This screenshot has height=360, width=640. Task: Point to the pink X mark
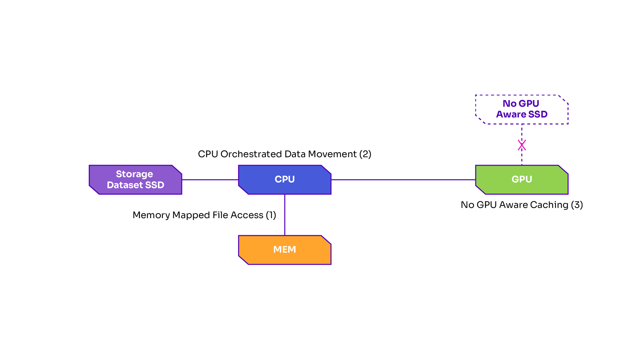point(522,145)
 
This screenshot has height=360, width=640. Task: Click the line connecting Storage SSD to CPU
point(210,180)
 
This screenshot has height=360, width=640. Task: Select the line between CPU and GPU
point(403,180)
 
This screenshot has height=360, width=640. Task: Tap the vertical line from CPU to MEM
point(285,215)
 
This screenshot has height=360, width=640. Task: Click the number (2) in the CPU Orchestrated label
point(365,154)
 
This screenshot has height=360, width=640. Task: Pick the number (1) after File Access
point(271,215)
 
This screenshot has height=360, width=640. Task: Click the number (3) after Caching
point(577,205)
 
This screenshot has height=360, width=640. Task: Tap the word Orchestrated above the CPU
point(251,154)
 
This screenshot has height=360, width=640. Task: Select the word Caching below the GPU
point(549,205)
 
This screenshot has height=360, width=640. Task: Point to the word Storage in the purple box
point(134,174)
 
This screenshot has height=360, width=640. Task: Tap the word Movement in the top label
point(332,154)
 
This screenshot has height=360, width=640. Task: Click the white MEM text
point(285,250)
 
